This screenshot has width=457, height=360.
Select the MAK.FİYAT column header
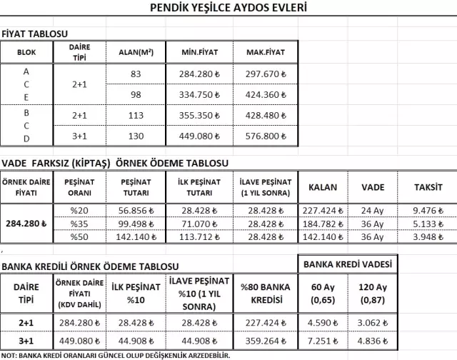click(x=266, y=52)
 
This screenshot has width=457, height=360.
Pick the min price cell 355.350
click(x=200, y=116)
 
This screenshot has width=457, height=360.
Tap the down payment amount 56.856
click(x=134, y=211)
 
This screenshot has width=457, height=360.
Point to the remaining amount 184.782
click(x=323, y=224)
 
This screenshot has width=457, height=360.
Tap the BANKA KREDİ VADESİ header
click(x=348, y=264)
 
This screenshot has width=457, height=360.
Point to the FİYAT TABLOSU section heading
click(x=35, y=34)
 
